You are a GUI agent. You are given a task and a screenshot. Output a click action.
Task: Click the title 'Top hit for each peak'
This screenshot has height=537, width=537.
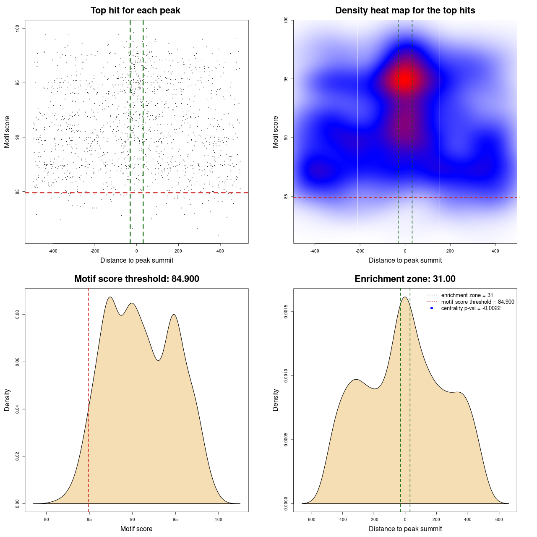(135, 10)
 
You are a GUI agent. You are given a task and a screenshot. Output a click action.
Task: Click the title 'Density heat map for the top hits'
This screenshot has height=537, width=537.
(405, 10)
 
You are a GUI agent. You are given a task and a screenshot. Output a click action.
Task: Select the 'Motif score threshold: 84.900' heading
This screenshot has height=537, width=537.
(136, 279)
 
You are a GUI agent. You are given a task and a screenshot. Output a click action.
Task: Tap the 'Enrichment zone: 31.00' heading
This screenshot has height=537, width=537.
(405, 279)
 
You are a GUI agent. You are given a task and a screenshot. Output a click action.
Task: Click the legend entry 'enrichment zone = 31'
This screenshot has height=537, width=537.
(467, 295)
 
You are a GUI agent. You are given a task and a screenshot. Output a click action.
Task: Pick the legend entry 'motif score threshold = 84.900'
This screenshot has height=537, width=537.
(477, 302)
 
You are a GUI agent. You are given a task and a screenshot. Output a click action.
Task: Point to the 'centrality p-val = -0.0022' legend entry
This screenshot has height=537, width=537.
(471, 308)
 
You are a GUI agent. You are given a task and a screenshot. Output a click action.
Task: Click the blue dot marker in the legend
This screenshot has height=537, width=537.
(432, 308)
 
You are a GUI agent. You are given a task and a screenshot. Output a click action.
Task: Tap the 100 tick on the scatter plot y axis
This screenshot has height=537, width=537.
(17, 28)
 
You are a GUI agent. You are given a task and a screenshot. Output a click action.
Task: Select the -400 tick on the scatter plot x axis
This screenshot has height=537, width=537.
(53, 251)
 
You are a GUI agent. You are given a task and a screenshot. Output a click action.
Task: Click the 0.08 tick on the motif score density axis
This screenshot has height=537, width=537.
(17, 315)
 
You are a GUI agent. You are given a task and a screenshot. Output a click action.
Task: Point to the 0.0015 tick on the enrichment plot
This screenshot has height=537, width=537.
(286, 312)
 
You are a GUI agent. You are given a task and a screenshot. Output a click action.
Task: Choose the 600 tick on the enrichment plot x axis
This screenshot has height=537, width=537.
(499, 519)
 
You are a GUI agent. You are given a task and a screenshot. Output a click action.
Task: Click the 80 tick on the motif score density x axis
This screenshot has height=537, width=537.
(46, 519)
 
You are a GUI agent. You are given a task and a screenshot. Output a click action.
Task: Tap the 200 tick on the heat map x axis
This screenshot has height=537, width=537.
(450, 251)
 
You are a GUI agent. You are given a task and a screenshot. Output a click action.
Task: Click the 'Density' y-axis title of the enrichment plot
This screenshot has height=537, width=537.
(276, 400)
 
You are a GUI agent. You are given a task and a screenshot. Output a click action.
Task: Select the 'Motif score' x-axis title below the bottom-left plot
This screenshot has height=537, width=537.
(136, 529)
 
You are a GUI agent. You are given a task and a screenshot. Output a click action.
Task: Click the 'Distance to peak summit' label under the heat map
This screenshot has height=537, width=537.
(405, 260)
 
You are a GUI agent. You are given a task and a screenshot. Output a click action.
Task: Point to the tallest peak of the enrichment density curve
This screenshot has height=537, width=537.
(405, 297)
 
